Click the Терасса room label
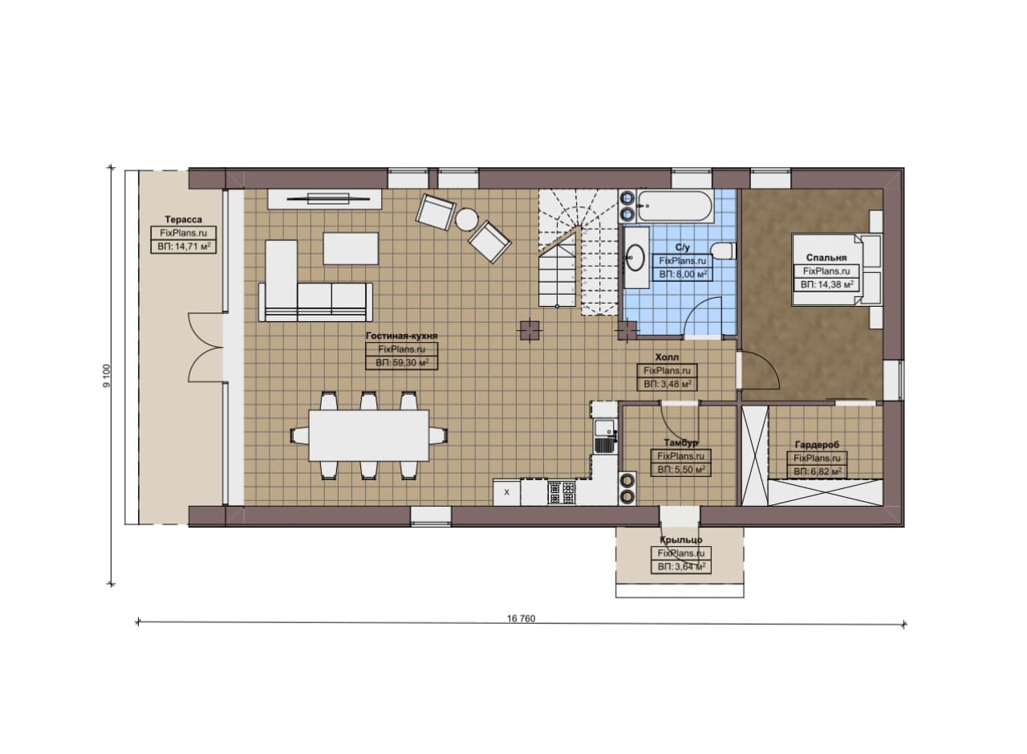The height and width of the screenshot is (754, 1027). tap(184, 219)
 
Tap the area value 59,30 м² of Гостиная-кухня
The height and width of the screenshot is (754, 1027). tap(402, 363)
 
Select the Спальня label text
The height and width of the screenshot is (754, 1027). tap(826, 258)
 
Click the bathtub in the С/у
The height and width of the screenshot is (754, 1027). tap(674, 206)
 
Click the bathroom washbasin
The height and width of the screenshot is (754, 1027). tap(636, 257)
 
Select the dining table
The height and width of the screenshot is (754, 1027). tap(368, 435)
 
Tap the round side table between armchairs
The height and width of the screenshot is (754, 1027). tap(467, 220)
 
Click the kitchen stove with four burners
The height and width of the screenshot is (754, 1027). tap(562, 492)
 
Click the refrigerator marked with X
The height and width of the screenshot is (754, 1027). tap(506, 492)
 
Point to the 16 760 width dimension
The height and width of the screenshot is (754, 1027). tap(521, 618)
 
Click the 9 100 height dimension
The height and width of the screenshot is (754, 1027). tap(107, 376)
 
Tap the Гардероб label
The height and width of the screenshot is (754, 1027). tap(817, 445)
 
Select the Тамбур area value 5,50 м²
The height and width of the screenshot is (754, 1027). tap(681, 470)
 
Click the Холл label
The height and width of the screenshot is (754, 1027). tap(667, 357)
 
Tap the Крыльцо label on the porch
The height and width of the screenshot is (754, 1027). tap(681, 540)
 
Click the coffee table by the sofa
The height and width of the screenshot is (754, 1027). tap(351, 248)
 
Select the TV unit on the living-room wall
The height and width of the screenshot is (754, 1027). tap(325, 198)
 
